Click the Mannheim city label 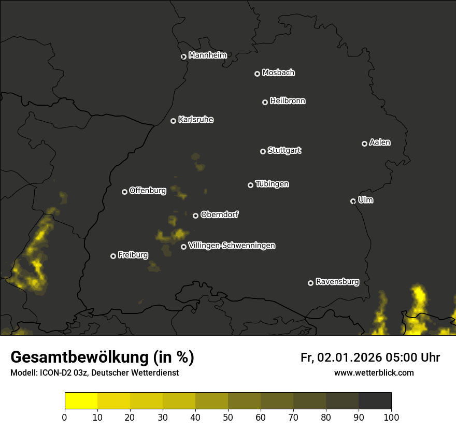coord(207,55)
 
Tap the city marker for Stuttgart coord(263,151)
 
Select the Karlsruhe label coord(195,120)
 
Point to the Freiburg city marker coord(113,256)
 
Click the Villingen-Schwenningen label coord(232,246)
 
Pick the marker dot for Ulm coord(353,201)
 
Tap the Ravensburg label coord(337,282)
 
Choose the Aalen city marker coord(364,144)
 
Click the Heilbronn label coord(288,101)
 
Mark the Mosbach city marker coord(257,74)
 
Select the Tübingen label coord(272,184)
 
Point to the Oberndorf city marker coord(195,216)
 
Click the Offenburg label coord(148,191)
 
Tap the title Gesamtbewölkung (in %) coord(102,357)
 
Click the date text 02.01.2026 coord(350,357)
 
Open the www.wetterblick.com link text coord(374,372)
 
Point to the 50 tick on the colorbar coord(228,417)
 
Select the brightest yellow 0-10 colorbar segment coord(81,401)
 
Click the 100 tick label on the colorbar coord(391,417)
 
